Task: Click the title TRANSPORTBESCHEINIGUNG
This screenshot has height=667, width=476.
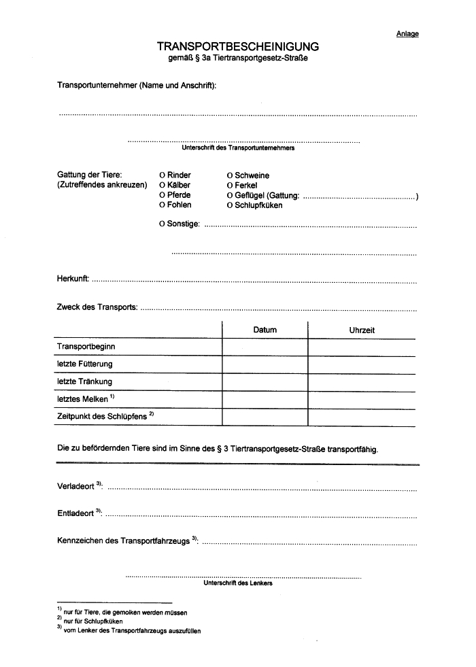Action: coord(237,46)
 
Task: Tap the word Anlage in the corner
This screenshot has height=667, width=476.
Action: coord(407,34)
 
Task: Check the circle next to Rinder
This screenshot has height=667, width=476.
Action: coord(162,175)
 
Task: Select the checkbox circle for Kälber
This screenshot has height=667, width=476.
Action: coord(162,186)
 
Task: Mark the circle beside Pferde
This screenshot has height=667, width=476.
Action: coord(162,195)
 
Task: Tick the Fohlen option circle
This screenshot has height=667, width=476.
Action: coord(162,205)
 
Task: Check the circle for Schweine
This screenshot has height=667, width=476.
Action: coord(230,175)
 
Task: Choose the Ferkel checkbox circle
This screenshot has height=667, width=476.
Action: coord(230,186)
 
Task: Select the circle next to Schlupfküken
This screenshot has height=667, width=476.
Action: coord(230,205)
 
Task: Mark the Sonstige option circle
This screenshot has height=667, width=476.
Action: coord(162,224)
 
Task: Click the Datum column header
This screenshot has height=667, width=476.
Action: coord(265,330)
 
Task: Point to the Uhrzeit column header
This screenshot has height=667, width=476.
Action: coord(362,330)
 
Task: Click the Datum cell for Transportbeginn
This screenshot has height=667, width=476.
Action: coord(265,347)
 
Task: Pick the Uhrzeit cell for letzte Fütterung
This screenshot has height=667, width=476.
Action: coord(362,364)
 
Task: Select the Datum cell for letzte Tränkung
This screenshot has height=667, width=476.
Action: coord(265,381)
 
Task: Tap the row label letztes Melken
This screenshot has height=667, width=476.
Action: coord(82,399)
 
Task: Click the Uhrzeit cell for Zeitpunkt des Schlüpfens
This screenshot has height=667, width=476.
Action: coord(362,416)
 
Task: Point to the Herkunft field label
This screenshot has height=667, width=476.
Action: coord(73,279)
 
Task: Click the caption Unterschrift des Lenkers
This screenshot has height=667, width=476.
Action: coord(238,583)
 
